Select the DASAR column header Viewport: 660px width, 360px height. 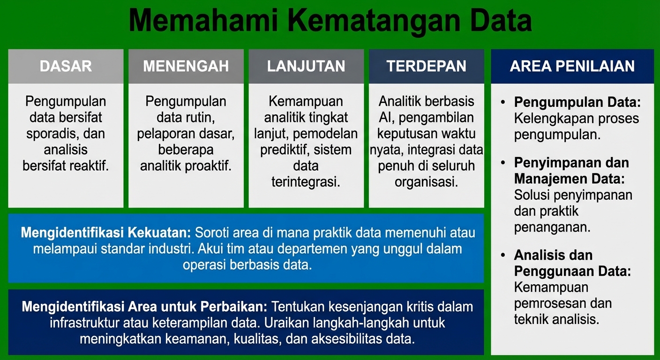66,66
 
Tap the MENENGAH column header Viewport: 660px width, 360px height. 186,66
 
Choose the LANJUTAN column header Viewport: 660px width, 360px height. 306,66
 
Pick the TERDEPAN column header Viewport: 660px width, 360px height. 426,66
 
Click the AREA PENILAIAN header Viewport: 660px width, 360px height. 572,66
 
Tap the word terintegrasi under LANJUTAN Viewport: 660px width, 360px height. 306,182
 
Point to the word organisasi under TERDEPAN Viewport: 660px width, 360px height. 426,182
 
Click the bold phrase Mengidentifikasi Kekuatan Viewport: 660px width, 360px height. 106,233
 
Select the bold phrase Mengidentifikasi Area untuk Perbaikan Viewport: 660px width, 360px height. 144,307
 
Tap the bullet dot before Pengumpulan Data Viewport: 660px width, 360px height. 503,102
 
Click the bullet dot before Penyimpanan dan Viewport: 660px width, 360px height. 503,163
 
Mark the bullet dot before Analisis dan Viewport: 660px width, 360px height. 503,255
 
